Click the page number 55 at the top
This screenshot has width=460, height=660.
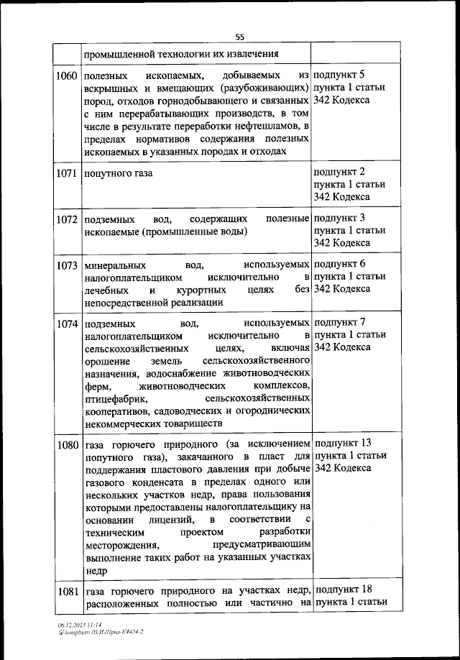(x=240, y=37)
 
